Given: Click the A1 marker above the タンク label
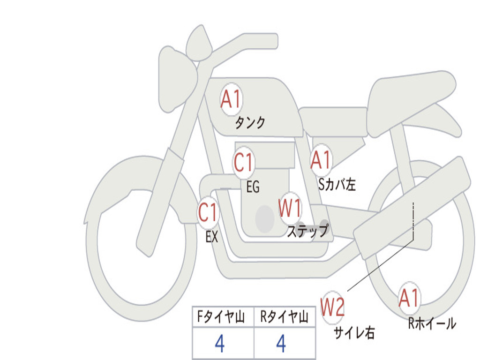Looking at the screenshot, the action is (x=231, y=99).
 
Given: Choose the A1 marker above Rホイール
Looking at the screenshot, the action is (x=409, y=299).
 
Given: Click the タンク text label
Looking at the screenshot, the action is (x=250, y=123).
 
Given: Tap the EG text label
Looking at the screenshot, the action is (x=253, y=187).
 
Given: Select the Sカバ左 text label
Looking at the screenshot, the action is (x=337, y=185).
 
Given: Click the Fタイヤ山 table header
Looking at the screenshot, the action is (x=220, y=318).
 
